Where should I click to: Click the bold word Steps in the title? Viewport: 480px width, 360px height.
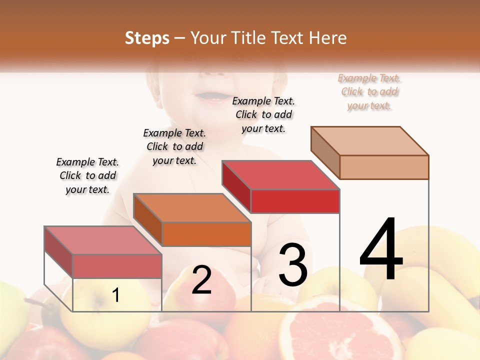(x=146, y=38)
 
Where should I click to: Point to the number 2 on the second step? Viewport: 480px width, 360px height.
(x=201, y=280)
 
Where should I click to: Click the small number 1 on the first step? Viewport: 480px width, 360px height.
(x=115, y=295)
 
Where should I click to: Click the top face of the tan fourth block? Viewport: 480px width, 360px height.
(x=370, y=140)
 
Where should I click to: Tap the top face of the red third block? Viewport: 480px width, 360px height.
(x=281, y=175)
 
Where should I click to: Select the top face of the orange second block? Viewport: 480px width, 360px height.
(x=192, y=207)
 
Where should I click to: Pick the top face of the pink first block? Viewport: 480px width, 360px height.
(x=103, y=240)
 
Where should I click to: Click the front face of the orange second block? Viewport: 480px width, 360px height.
(x=206, y=234)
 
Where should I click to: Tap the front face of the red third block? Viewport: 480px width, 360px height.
(x=295, y=201)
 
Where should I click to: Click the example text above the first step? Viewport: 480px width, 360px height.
(x=87, y=175)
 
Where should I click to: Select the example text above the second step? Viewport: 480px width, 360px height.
(x=174, y=146)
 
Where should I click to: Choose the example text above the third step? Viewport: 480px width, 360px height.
(x=263, y=114)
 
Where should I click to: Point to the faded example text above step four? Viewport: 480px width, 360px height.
(x=369, y=91)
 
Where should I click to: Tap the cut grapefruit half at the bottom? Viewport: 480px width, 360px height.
(x=340, y=330)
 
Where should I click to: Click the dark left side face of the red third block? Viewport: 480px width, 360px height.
(x=236, y=186)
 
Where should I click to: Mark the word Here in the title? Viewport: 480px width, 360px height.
(x=327, y=38)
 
